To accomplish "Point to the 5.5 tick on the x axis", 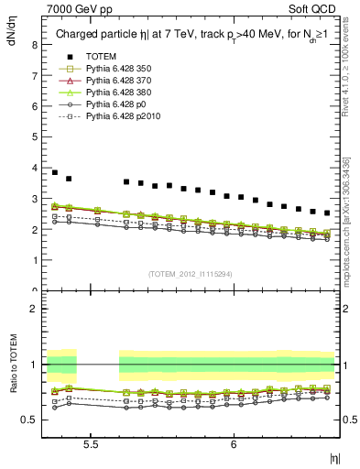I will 92,442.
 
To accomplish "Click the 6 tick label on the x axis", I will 235,442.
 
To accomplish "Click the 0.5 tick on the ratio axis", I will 31,420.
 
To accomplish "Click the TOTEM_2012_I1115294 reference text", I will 190,274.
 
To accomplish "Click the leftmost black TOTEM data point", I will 54,172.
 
